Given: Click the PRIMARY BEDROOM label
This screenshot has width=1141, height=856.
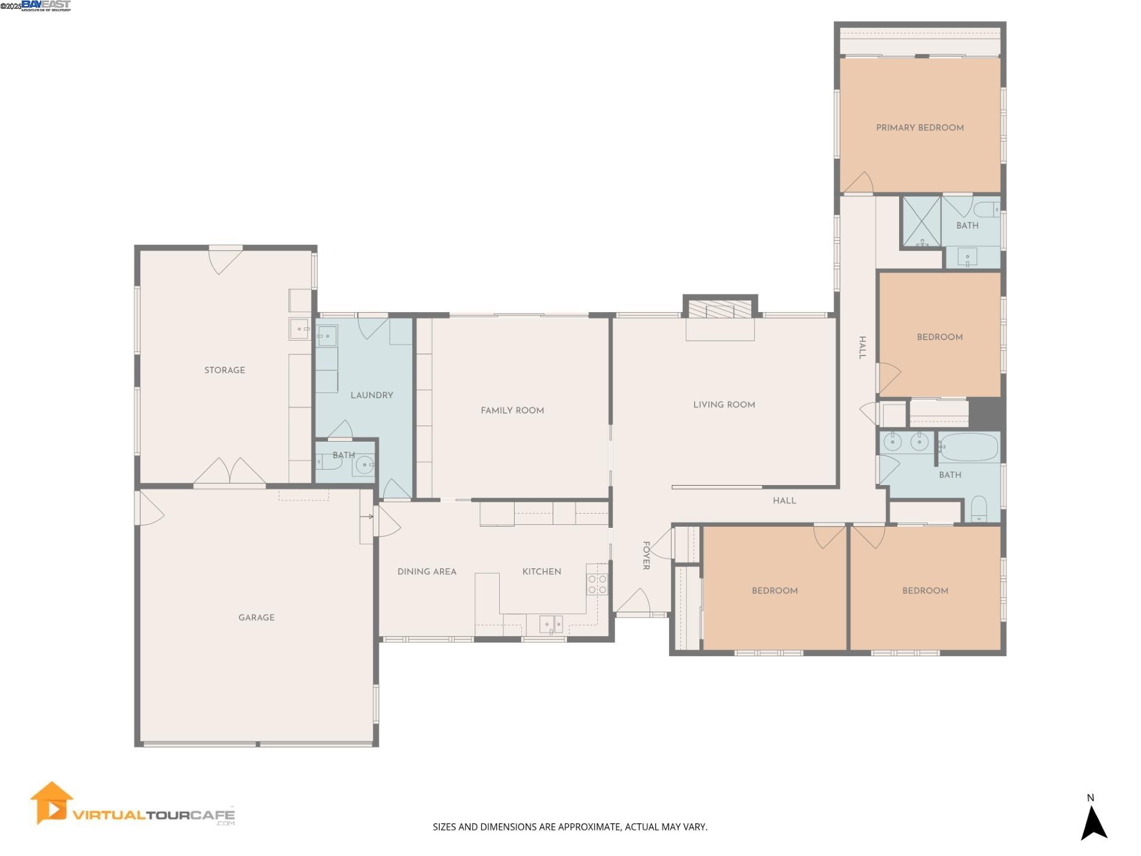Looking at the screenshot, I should point(919,128).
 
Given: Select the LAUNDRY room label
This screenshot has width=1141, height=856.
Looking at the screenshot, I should point(371,395).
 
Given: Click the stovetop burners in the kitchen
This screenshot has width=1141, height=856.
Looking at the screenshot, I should point(597,584).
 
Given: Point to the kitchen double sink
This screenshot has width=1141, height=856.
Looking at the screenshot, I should point(551,624).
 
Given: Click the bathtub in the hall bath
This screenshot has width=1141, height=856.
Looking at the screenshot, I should point(969,447).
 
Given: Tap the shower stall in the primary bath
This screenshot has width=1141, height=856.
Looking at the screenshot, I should point(922,221).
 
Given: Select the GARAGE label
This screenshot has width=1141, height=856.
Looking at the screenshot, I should point(256,618).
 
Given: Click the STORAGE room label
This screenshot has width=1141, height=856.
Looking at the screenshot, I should point(225,370).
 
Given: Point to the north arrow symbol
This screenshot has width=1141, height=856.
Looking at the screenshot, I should point(1093,822).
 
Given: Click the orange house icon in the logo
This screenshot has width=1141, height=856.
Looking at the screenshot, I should point(52,802).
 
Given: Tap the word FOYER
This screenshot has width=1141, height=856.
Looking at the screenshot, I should point(646,556).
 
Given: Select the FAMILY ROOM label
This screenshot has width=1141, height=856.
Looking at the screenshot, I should point(512,411).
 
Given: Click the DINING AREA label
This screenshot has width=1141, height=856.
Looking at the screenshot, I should point(427,572).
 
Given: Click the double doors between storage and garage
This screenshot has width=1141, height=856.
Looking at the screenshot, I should point(229,473).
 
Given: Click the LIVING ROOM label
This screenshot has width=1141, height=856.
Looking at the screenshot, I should point(724,405).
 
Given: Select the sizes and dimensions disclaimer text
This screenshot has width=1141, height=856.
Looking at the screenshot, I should point(570,827).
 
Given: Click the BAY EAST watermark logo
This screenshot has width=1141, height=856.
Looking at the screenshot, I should point(46,6).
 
